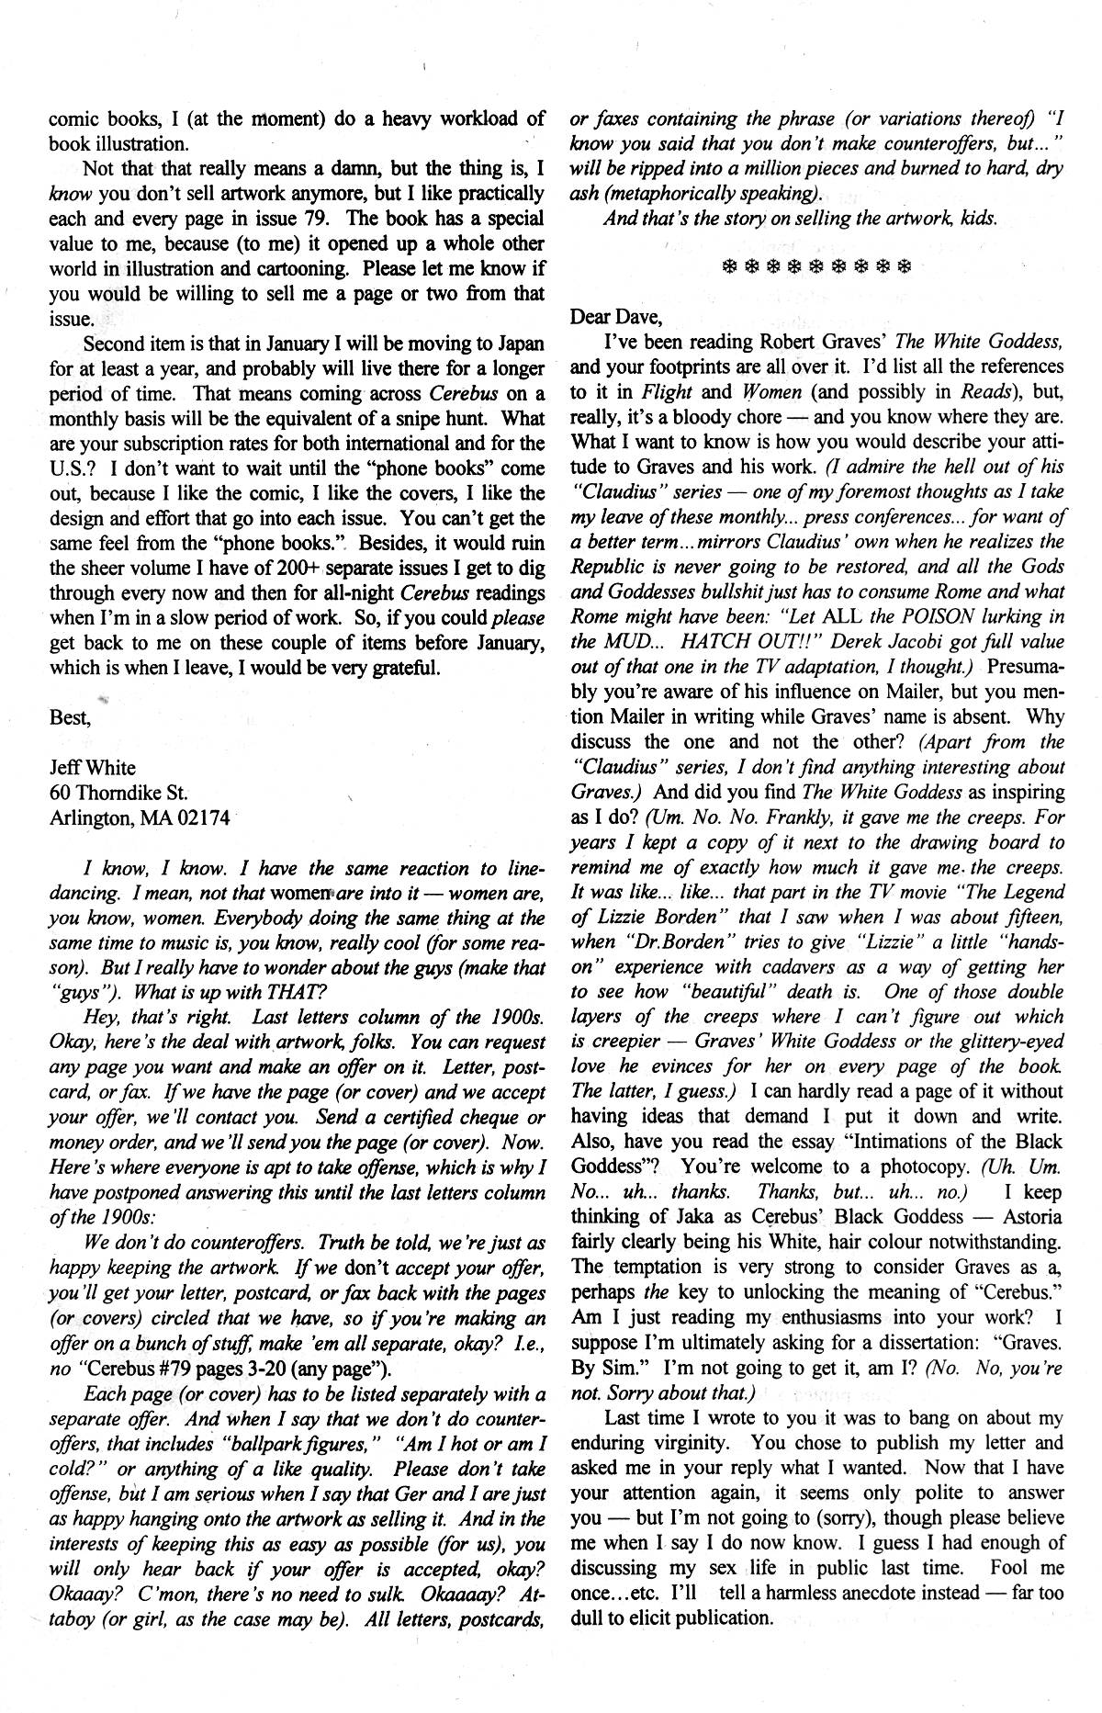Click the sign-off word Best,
point(69,716)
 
